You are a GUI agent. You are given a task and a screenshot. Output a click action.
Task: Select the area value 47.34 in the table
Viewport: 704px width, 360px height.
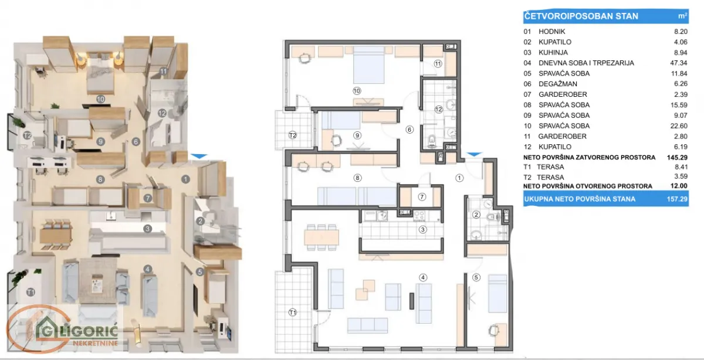(x=678, y=63)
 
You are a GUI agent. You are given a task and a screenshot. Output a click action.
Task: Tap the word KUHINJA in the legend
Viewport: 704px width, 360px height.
(x=554, y=52)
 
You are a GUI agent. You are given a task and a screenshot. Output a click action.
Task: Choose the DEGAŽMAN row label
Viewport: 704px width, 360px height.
(x=557, y=84)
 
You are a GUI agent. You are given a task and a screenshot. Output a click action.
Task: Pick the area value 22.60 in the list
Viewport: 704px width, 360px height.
(x=678, y=125)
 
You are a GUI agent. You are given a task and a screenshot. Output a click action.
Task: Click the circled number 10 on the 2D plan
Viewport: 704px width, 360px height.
(x=356, y=91)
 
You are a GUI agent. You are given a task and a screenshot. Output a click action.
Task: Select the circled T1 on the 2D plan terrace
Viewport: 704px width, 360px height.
(x=292, y=313)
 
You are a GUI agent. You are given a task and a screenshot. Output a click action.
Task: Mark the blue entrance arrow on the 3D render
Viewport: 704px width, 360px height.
(x=199, y=156)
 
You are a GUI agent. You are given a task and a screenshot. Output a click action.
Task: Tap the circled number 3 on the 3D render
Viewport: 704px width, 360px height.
(x=148, y=229)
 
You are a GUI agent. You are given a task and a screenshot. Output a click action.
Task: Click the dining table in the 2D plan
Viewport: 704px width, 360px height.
(x=321, y=237)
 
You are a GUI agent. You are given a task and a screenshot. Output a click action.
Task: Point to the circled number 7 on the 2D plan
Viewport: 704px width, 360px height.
(x=421, y=198)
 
